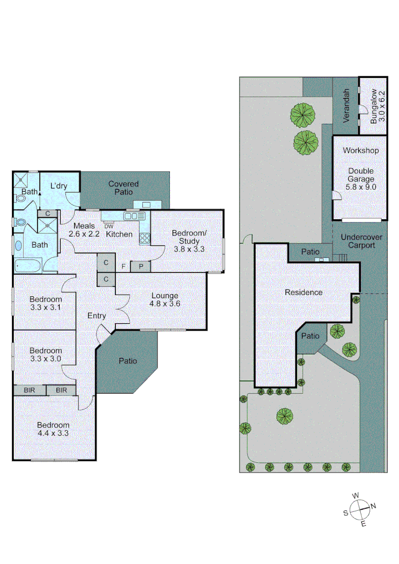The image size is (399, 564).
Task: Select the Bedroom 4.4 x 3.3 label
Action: pos(53,429)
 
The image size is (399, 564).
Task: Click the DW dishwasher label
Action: pos(109,226)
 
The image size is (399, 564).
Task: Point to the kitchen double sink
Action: pos(134,216)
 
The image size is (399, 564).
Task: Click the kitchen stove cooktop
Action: pos(144,238)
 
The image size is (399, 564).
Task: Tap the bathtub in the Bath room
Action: pos(29,265)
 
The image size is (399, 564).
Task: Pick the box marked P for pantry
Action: pos(140,266)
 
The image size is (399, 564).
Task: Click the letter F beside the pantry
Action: pos(123,267)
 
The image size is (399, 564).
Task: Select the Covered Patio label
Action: pos(123,188)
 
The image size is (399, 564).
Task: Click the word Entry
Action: pos(97,315)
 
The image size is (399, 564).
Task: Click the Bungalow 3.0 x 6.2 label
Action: pos(378,107)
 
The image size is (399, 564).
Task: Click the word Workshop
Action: pos(361,150)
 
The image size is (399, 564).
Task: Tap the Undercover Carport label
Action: pos(361,241)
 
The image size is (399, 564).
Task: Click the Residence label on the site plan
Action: pos(303,292)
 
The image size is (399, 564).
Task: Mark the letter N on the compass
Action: pos(373,506)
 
